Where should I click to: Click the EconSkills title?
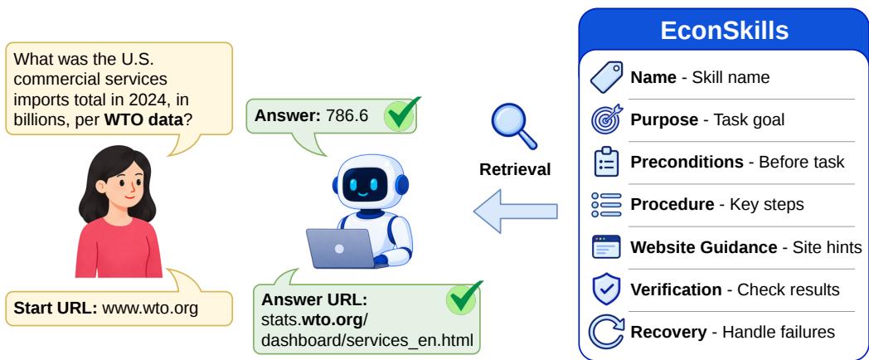[725, 31]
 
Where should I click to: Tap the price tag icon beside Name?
[606, 77]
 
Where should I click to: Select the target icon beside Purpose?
[606, 119]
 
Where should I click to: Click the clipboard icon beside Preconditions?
[606, 162]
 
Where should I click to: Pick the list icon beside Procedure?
[606, 205]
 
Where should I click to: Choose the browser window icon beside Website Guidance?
[606, 247]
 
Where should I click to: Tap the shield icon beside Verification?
[606, 289]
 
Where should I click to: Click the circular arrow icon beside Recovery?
[606, 332]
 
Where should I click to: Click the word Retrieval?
[515, 169]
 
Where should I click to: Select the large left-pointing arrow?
[515, 212]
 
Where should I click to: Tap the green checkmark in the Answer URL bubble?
[464, 297]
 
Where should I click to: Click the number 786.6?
[347, 116]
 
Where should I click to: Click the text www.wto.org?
[150, 309]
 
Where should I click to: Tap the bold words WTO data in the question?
[143, 119]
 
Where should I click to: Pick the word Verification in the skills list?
[676, 289]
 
